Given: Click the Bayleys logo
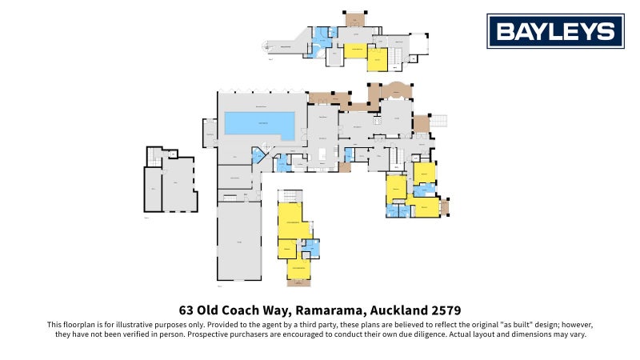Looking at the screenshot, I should pyautogui.click(x=555, y=31).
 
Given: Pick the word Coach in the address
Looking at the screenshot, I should pyautogui.click(x=249, y=310).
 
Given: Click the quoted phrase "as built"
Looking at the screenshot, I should pyautogui.click(x=486, y=325).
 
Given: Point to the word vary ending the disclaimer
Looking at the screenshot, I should pyautogui.click(x=578, y=335).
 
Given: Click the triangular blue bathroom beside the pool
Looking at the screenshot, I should pyautogui.click(x=259, y=155).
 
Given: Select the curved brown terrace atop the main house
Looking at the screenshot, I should pyautogui.click(x=396, y=90).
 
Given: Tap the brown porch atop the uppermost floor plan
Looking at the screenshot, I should pyautogui.click(x=354, y=18).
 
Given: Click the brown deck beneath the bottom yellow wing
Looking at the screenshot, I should pyautogui.click(x=298, y=282).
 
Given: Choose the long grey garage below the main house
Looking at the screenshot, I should pyautogui.click(x=239, y=240).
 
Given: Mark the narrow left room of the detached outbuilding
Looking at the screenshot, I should pyautogui.click(x=153, y=189).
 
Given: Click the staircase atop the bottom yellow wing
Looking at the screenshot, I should pyautogui.click(x=290, y=197).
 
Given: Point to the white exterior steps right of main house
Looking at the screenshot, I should pyautogui.click(x=439, y=121).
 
